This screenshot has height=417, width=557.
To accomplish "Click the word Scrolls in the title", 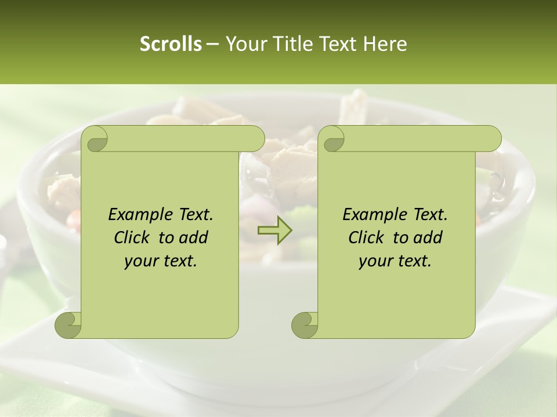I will pos(171,44).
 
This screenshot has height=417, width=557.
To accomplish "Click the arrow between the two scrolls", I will pos(274,231).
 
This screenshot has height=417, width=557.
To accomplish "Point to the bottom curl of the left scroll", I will pos(68,325).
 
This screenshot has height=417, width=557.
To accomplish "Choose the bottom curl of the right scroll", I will pos(305,325).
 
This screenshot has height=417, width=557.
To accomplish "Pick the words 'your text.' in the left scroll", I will pos(161,261).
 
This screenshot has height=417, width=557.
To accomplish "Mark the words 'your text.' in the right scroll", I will pos(395,261).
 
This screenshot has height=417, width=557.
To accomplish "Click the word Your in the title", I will pos(245,44).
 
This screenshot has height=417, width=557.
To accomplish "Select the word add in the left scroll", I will pos(194,237).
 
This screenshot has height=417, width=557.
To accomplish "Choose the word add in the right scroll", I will pos(428,237).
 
